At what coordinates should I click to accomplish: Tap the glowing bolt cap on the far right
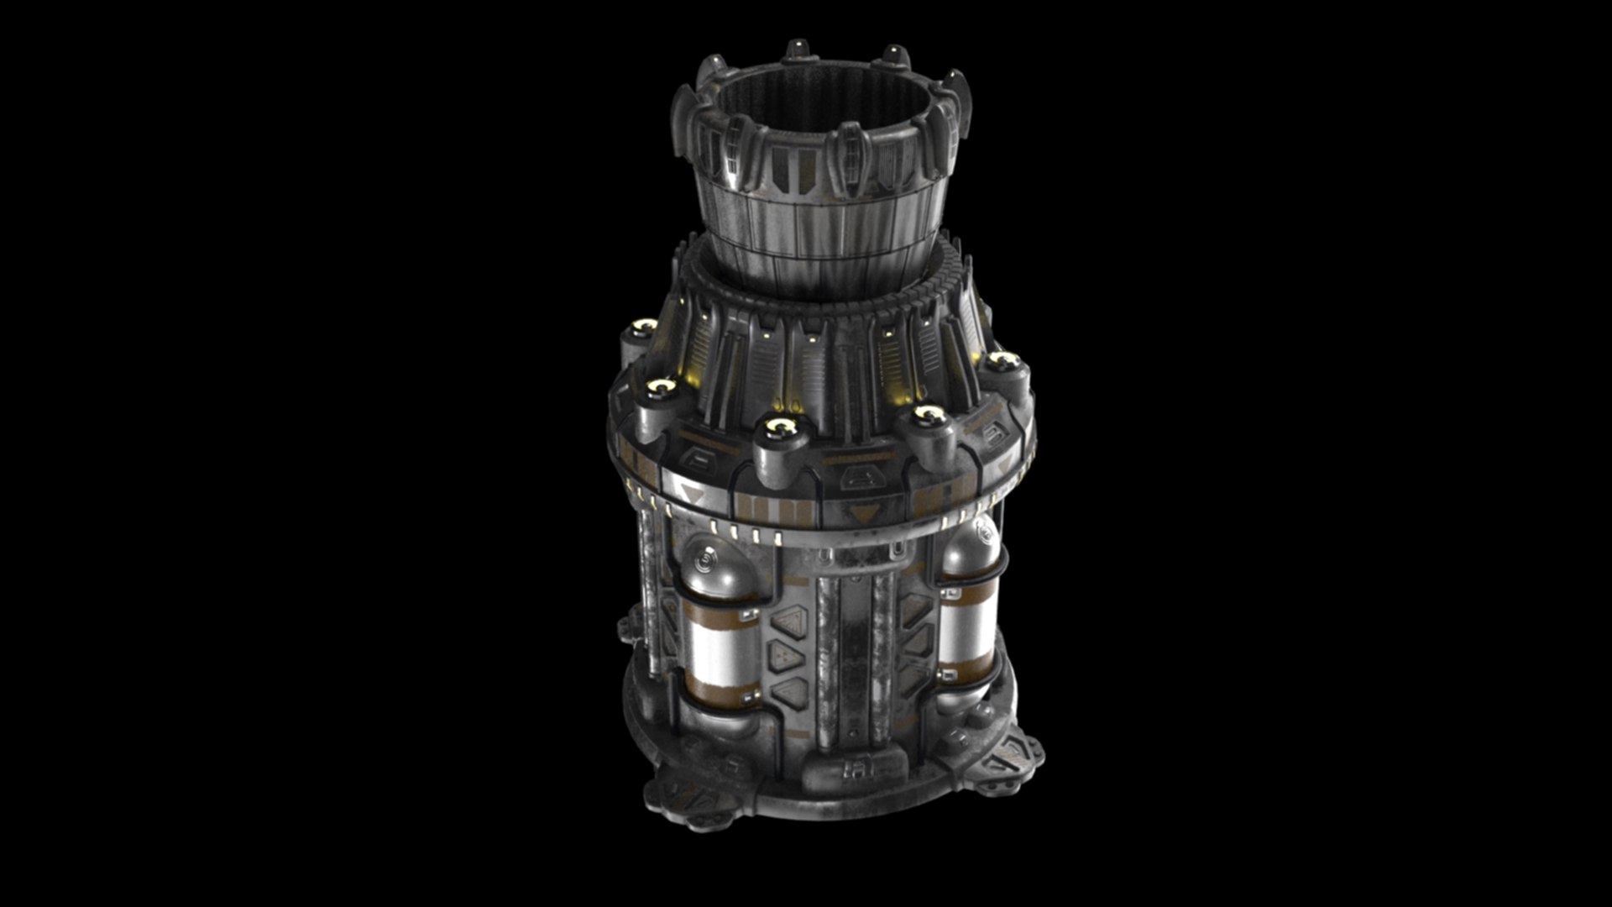coord(1003,363)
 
